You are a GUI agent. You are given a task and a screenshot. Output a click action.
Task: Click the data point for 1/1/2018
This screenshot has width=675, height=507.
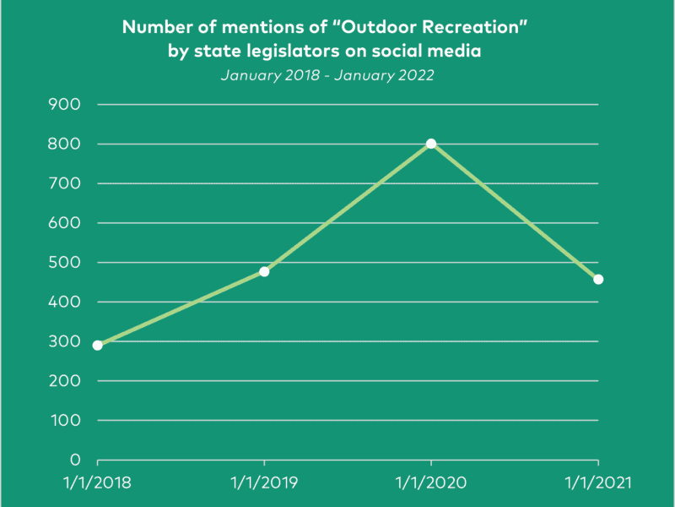[98, 345]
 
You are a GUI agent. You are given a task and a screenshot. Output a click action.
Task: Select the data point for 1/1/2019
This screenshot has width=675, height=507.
[264, 271]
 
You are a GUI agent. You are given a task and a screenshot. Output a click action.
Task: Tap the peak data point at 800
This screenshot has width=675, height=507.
[431, 144]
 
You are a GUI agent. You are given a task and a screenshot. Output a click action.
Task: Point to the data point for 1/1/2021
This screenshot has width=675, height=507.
[598, 279]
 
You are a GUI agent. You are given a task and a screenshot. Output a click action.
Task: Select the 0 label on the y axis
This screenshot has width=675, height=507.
[76, 460]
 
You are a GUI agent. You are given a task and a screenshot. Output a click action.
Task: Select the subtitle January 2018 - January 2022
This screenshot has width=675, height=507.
[327, 75]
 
